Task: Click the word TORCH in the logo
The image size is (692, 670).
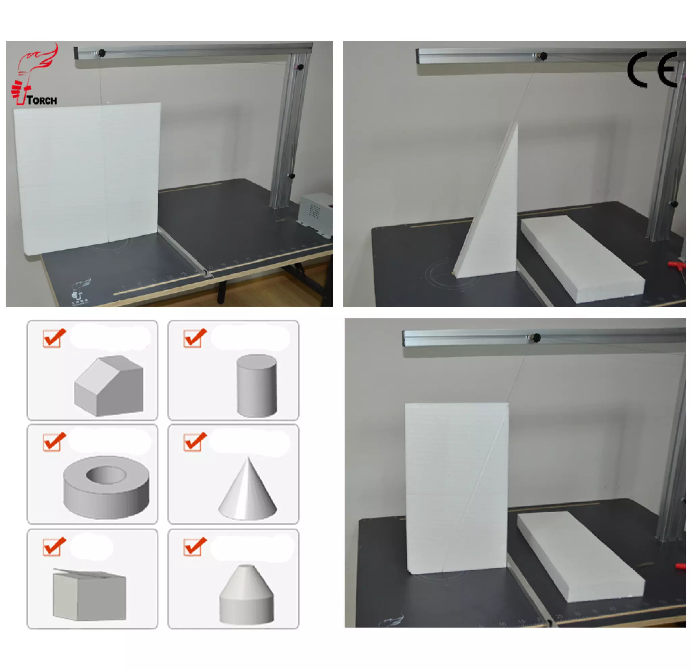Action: point(42,101)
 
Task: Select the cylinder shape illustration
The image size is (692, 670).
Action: point(256,386)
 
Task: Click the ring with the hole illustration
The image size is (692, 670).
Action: point(106,487)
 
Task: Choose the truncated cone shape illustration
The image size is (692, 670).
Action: point(246,594)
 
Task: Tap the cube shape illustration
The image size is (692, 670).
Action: point(89,594)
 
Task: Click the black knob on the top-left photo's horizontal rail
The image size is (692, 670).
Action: point(102,53)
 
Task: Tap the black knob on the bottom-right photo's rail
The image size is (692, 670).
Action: point(536,338)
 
